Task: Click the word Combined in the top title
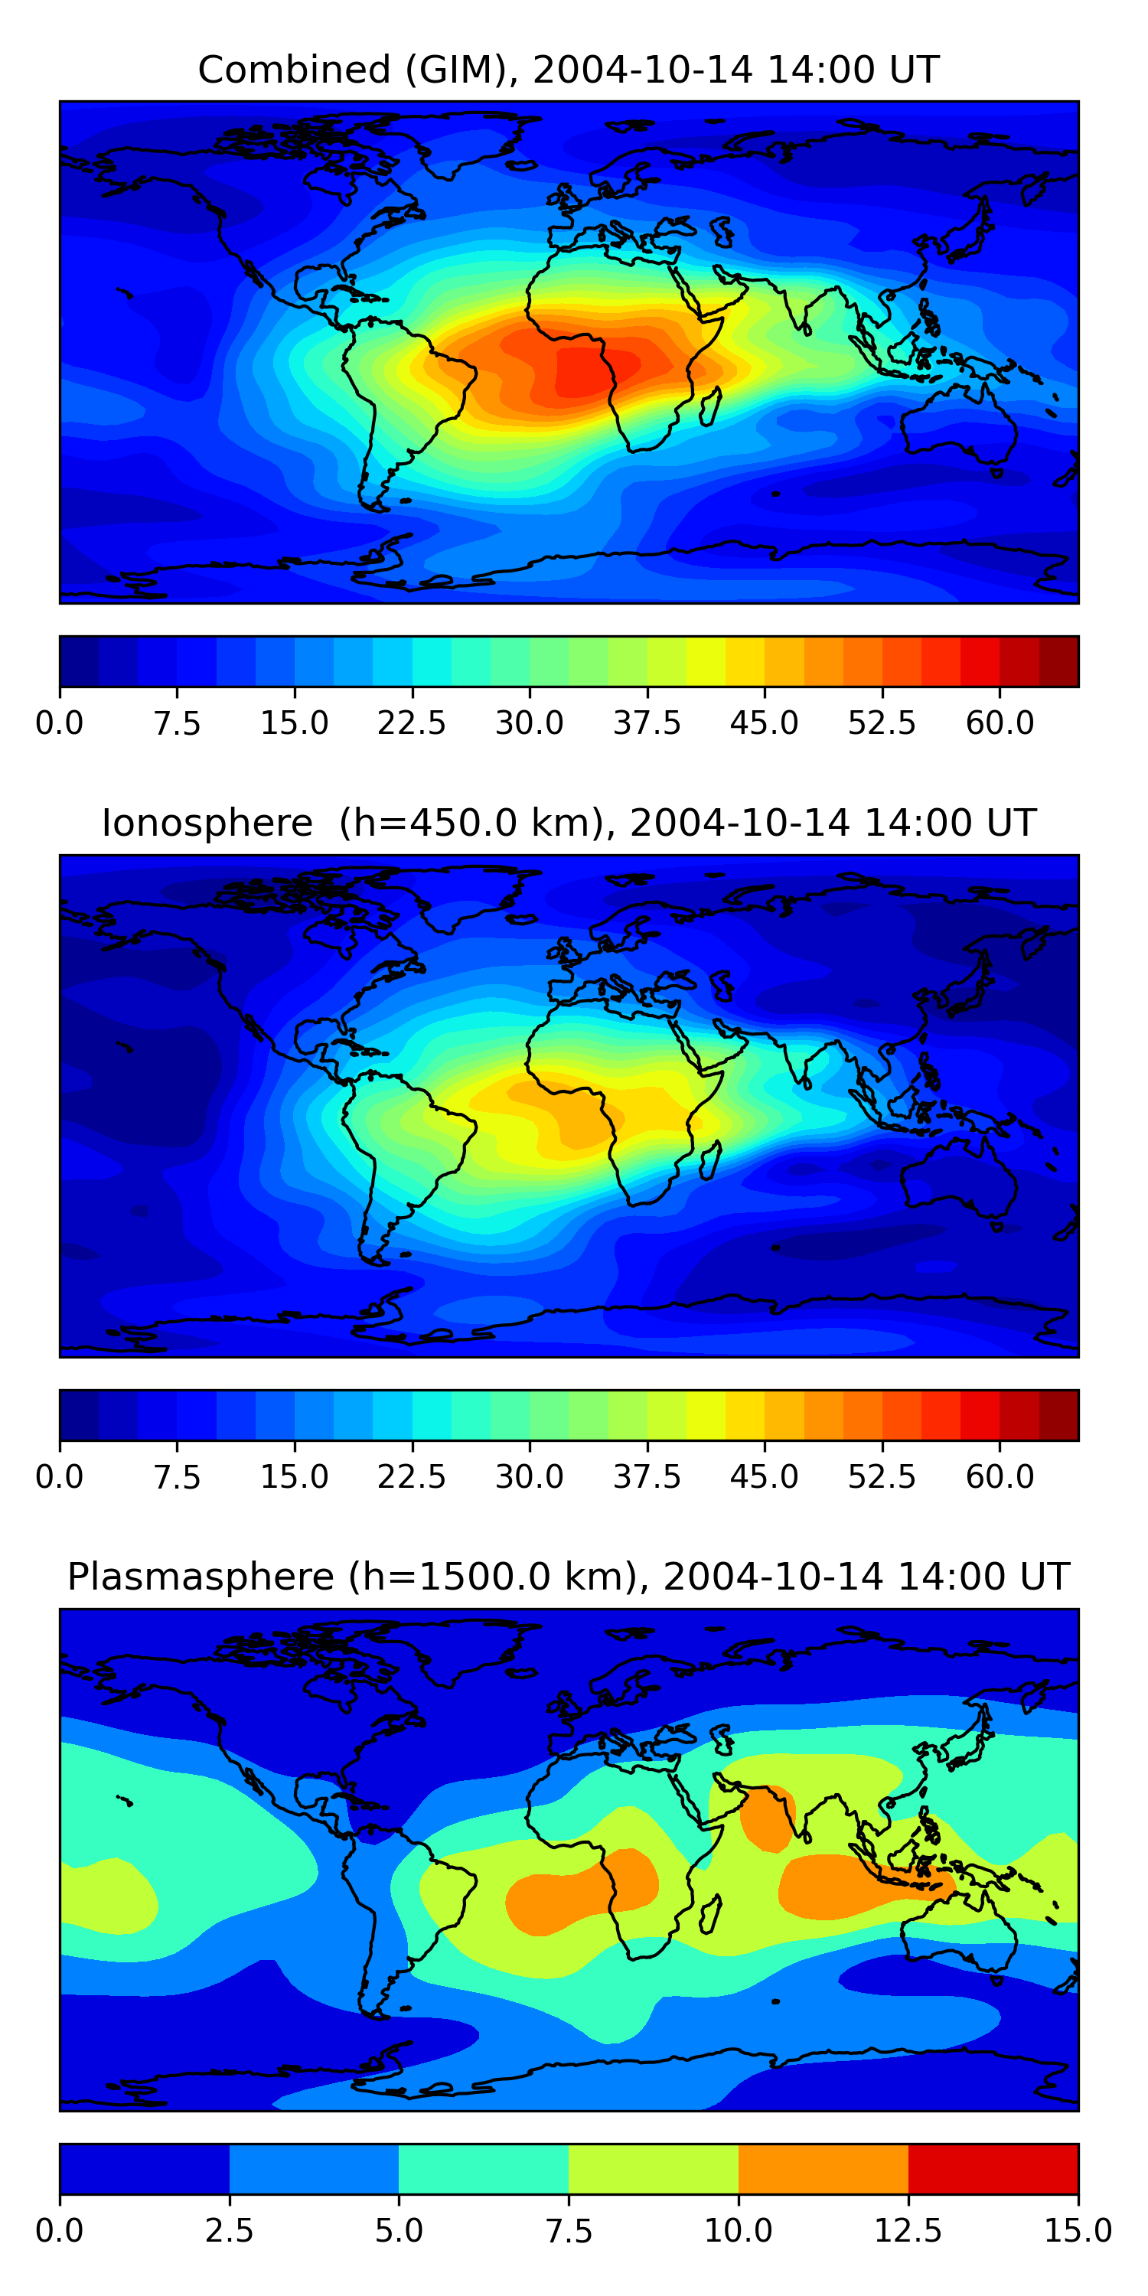[294, 70]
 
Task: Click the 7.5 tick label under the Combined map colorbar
[177, 722]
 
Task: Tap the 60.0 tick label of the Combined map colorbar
[1000, 722]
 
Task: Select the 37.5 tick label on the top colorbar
[646, 722]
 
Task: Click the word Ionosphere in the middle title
[207, 823]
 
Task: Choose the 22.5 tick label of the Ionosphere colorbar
[411, 1477]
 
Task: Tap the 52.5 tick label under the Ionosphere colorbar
[882, 1477]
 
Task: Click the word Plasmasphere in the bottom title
[201, 1577]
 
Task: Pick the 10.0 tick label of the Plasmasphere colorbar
[738, 2231]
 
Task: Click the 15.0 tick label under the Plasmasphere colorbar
[1078, 2231]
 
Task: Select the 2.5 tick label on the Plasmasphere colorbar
[229, 2231]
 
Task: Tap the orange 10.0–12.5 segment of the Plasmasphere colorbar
[823, 2168]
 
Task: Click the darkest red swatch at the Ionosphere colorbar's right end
[1059, 1414]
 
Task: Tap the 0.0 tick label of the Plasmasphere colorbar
[59, 2231]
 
